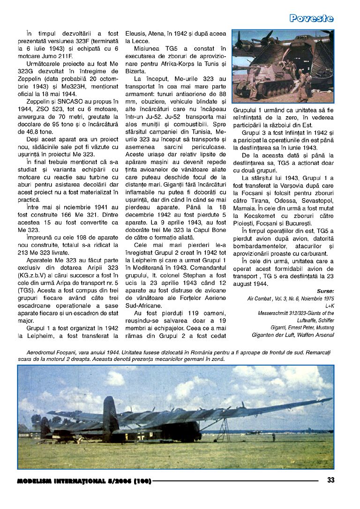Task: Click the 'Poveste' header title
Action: [311, 18]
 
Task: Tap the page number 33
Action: [330, 479]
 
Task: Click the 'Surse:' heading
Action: [325, 291]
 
